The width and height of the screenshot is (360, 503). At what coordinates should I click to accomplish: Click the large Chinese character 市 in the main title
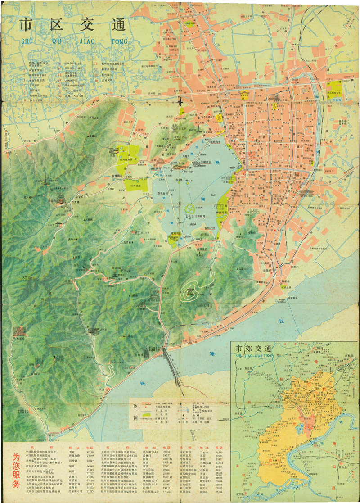pos(27,25)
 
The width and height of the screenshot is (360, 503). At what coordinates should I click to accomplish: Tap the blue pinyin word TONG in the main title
pos(118,42)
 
